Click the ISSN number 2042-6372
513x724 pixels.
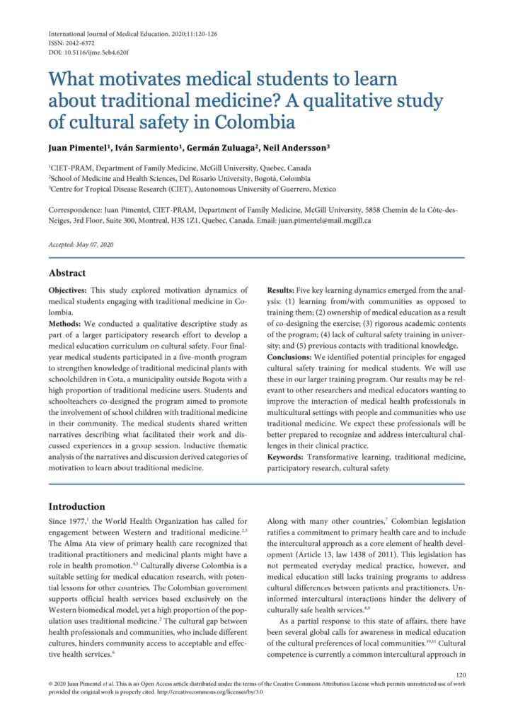[78, 42]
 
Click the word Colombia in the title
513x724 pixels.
[252, 122]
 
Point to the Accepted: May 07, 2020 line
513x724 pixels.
[81, 244]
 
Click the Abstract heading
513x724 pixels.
[67, 273]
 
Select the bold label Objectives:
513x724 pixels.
[72, 291]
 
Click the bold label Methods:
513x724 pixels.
[69, 325]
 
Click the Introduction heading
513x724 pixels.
[76, 506]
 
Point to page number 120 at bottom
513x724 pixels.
[461, 675]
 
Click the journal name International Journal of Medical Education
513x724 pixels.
[105, 33]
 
